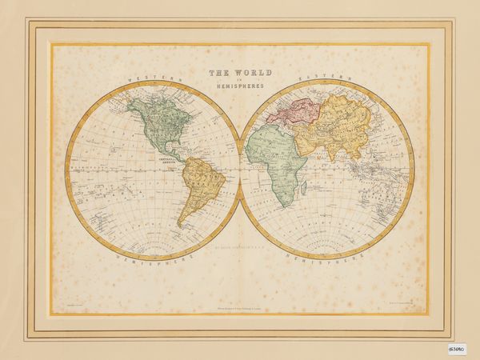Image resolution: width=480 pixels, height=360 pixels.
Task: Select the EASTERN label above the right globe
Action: point(325,80)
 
